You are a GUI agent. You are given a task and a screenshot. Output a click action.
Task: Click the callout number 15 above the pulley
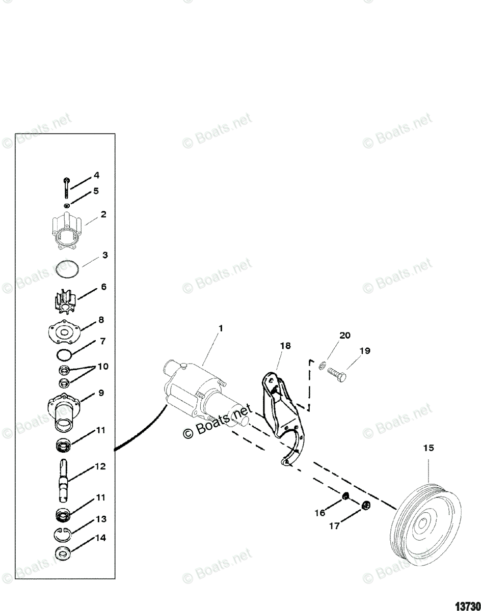click(429, 448)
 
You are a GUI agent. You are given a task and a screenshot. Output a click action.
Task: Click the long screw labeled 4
click(67, 188)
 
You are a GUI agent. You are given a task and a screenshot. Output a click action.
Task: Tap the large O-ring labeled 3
click(67, 269)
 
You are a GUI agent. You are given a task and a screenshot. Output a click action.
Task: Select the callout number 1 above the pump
click(221, 329)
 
